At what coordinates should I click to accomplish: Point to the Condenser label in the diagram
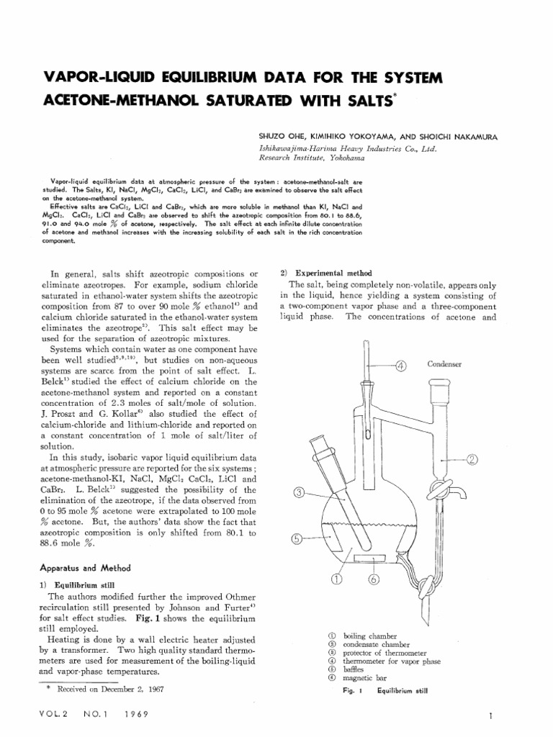tap(444, 364)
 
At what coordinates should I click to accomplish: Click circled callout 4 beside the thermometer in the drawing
tap(401, 365)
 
